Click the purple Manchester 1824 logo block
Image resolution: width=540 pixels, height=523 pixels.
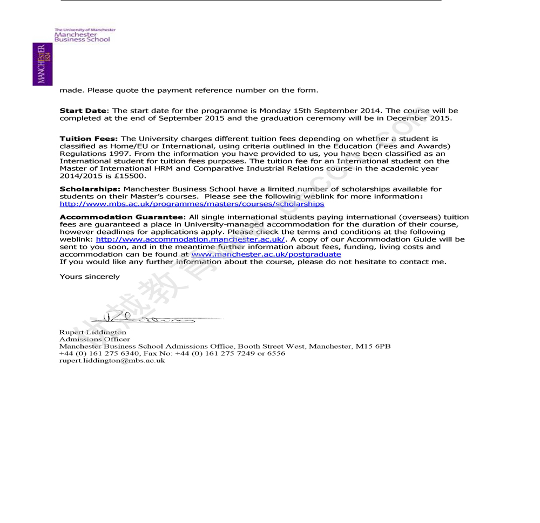click(x=42, y=64)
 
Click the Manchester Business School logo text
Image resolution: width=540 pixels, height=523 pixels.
click(x=82, y=37)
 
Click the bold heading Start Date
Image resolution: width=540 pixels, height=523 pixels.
click(x=83, y=111)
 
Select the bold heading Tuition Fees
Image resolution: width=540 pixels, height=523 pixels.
click(x=89, y=139)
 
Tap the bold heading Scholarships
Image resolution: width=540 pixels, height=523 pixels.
click(x=90, y=189)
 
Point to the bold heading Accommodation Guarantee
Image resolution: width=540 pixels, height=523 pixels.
click(x=122, y=217)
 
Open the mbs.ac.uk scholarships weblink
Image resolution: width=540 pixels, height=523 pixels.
click(x=192, y=204)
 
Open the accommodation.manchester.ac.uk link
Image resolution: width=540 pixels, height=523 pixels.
click(x=190, y=239)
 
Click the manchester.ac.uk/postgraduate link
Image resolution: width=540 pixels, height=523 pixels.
click(x=266, y=254)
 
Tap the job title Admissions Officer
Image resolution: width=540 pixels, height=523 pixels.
click(x=94, y=340)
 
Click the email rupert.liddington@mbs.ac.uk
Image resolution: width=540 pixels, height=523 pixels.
click(x=112, y=361)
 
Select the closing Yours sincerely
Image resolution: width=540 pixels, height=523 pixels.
click(x=90, y=277)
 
